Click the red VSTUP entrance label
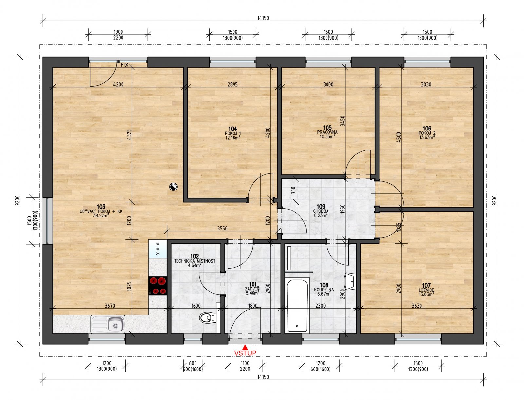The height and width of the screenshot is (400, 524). [245, 353]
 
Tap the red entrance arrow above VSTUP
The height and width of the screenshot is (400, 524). [245, 347]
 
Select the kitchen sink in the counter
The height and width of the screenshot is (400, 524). [108, 324]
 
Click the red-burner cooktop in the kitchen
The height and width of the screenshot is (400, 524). [158, 286]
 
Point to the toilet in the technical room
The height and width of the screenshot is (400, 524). [206, 317]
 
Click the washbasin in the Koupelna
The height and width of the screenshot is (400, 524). [350, 282]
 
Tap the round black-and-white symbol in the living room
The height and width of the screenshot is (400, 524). [173, 187]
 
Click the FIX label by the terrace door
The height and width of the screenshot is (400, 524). [124, 65]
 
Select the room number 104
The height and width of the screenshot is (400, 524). [233, 129]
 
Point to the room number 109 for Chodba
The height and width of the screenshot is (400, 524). [321, 207]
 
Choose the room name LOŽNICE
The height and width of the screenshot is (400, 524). [426, 290]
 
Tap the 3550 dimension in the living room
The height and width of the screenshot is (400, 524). [222, 229]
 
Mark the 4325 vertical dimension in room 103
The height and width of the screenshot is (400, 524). [129, 135]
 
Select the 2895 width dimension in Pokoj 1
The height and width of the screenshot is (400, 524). [233, 84]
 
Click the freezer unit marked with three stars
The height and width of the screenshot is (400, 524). [158, 249]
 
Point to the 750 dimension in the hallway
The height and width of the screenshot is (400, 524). [293, 190]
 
